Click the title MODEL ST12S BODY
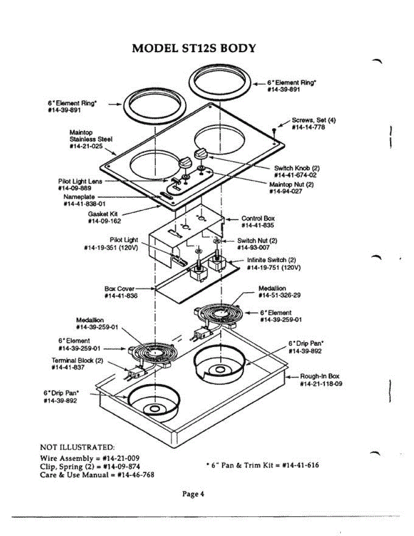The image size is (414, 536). pos(194,48)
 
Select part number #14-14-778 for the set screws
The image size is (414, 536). pos(308,127)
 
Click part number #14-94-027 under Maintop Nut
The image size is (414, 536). pos(286,191)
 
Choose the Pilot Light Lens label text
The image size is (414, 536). pos(80,181)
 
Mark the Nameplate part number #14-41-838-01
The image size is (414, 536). pos(85,204)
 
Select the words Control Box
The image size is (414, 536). pos(258,218)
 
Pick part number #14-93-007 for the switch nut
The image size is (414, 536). pos(253,247)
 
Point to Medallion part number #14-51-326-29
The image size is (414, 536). pos(280,295)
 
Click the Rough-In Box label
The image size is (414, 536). pos(319,377)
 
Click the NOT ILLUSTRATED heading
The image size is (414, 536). pos(78,447)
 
